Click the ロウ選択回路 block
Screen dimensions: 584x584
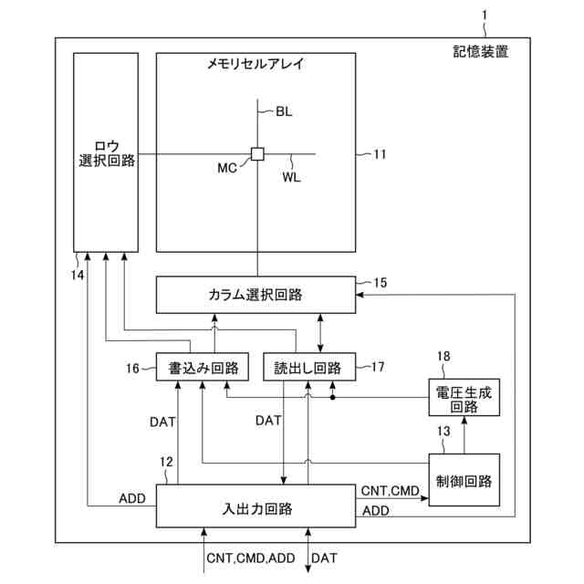106,151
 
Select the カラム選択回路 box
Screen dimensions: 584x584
255,294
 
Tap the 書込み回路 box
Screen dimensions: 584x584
198,368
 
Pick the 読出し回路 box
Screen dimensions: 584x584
308,368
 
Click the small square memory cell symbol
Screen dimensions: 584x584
257,153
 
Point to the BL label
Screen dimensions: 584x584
284,112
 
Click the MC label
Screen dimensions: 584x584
229,168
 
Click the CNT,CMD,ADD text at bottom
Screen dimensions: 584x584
251,557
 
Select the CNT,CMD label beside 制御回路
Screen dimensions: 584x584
390,491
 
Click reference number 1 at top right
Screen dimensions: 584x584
485,14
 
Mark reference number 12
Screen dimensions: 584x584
165,463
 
